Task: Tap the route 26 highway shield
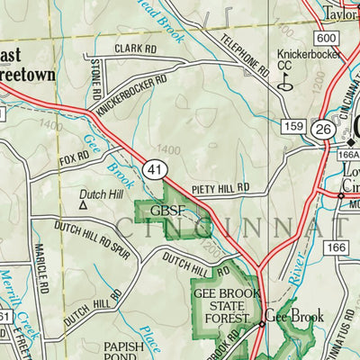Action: (x=323, y=129)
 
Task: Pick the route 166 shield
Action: (x=337, y=246)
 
